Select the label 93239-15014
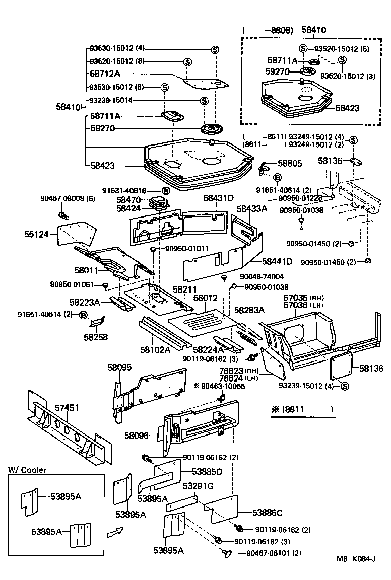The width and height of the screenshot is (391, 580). tap(111, 101)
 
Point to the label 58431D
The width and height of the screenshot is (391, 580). tap(219, 198)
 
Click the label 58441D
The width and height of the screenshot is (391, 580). tap(277, 261)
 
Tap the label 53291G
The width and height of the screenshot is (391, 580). tap(198, 486)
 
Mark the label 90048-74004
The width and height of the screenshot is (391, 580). tap(262, 276)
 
